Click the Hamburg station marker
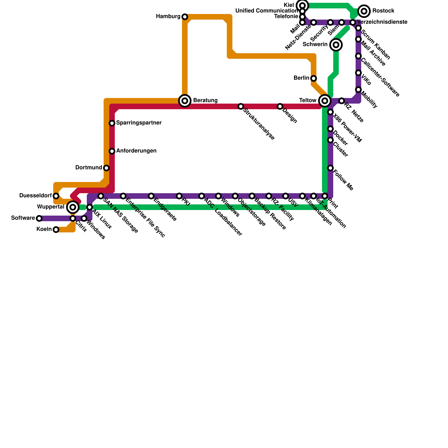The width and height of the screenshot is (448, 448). pos(185,17)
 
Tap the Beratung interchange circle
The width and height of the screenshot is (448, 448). pos(185,101)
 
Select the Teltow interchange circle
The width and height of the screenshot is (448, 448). pos(325,101)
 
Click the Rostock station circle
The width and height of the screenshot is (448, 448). pos(364,11)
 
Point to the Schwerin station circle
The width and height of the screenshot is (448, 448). pos(336,45)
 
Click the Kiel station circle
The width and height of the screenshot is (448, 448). pos(302,6)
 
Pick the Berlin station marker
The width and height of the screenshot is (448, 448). pos(314,78)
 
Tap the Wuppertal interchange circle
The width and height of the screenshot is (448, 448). pos(73,207)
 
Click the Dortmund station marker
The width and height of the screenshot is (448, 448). pos(106,168)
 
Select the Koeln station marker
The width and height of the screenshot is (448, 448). pos(56,230)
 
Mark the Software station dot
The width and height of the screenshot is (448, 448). pos(39,218)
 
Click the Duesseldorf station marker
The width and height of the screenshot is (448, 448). pos(56,196)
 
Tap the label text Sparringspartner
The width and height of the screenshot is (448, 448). pos(139,123)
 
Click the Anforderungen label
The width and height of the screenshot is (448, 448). pos(136,151)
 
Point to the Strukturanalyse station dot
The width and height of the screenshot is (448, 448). pos(241,106)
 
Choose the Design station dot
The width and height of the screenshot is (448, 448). pos(280,106)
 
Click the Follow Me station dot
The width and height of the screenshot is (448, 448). pos(330,168)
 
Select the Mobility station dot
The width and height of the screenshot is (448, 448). pos(358,90)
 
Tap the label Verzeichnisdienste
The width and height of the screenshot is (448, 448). pos(382,22)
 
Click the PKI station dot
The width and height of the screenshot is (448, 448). pos(179,196)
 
